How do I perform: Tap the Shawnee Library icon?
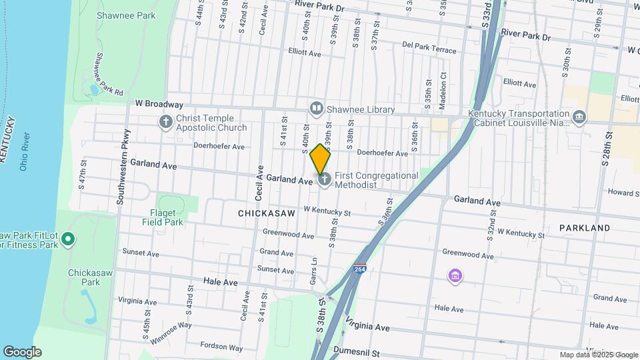(316, 109)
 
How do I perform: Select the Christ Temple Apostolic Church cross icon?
(165, 122)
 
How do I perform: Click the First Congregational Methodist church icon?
(325, 180)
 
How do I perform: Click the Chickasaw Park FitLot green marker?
(68, 240)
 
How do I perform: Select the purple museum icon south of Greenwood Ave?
(455, 275)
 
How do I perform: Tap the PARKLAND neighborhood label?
(584, 228)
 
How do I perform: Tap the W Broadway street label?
(159, 104)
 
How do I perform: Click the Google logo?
(22, 352)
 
